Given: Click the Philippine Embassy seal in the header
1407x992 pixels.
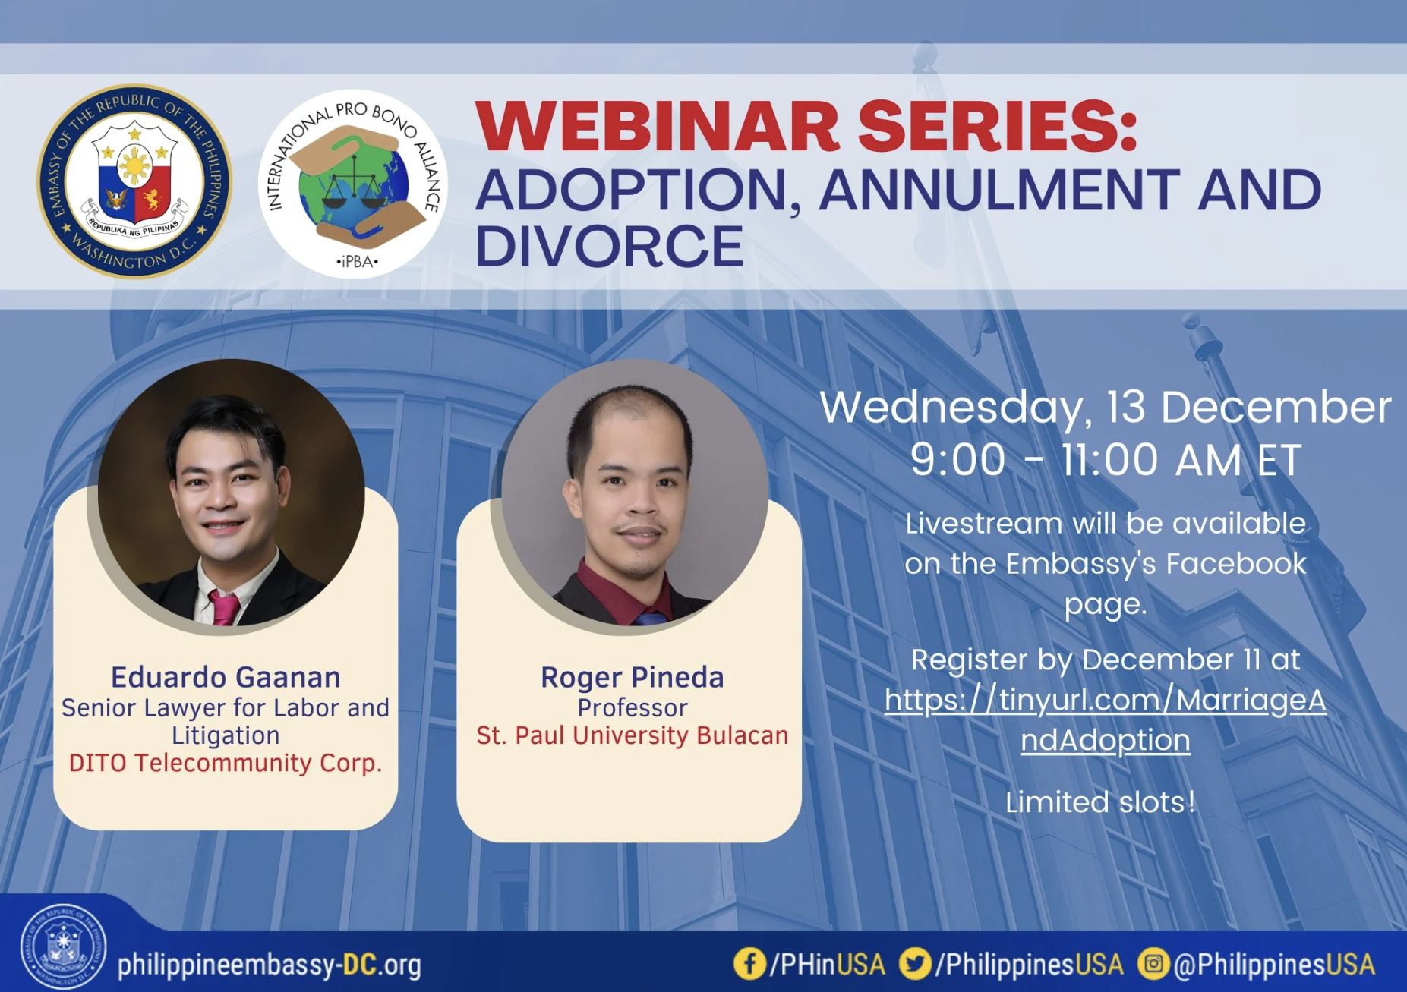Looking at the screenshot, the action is tap(134, 181).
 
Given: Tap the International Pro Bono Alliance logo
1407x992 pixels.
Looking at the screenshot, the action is tap(353, 184).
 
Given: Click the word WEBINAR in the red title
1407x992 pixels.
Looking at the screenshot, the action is tap(658, 127).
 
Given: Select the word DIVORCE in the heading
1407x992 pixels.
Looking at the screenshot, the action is tap(609, 246).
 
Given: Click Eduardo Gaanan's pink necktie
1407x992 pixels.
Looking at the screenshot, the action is tap(225, 607).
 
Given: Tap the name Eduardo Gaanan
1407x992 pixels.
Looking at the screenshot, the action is tap(226, 677).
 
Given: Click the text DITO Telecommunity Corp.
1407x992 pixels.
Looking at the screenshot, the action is tap(226, 763).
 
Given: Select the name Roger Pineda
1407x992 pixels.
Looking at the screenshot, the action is tap(633, 677).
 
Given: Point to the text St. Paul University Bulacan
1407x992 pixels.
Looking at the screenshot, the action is tap(633, 735).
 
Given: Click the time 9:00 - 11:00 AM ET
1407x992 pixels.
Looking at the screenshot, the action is tap(1106, 460).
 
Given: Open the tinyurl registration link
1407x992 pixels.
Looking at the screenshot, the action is tap(1106, 720).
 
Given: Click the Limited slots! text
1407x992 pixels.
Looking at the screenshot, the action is tap(1100, 802).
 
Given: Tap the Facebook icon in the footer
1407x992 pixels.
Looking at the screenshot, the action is tap(749, 964).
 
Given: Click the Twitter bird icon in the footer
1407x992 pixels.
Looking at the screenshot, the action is tap(915, 964).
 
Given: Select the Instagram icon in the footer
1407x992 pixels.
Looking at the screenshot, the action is tap(1153, 964).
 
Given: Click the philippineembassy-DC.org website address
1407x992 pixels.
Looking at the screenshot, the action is tap(270, 965).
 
